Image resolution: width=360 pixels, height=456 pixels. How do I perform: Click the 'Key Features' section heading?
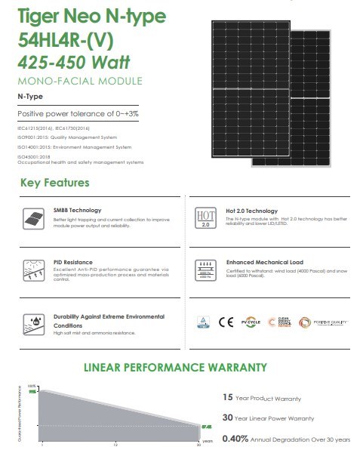pos(54,183)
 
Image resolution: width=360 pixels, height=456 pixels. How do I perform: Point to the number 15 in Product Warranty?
pos(229,397)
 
